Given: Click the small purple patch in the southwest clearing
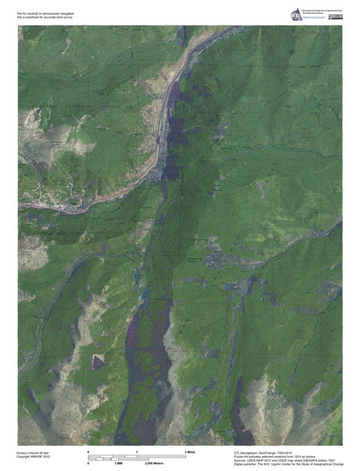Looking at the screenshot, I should point(98,363).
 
